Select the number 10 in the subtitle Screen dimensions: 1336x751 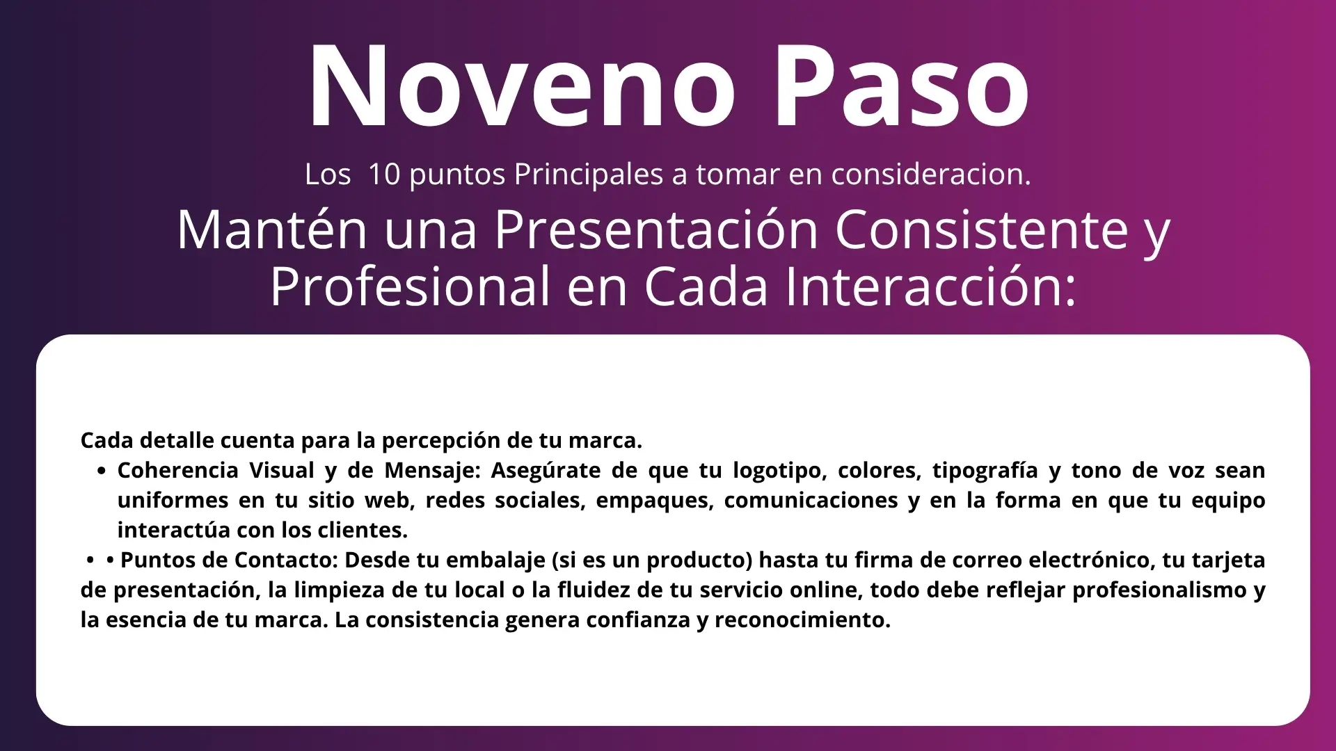click(x=384, y=175)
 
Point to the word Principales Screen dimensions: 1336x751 click(x=589, y=175)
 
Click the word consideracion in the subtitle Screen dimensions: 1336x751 click(x=930, y=175)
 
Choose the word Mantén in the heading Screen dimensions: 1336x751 click(x=272, y=230)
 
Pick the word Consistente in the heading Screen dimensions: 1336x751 click(x=982, y=230)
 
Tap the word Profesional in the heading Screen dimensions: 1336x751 click(x=410, y=286)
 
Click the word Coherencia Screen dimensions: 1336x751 click(x=177, y=471)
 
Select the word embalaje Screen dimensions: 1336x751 click(x=499, y=560)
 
